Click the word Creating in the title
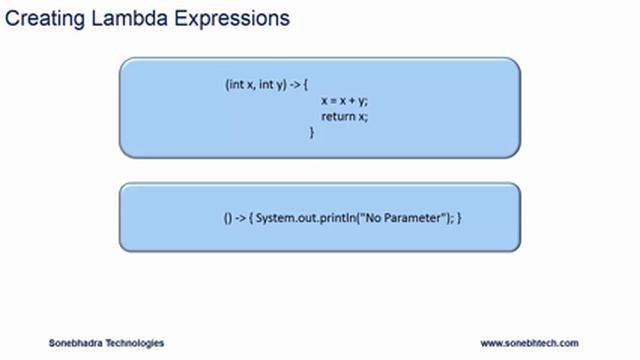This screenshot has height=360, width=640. (x=41, y=18)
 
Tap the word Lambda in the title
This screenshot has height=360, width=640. (x=124, y=18)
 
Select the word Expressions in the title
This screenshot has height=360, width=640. (x=229, y=18)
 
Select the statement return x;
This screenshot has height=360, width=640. (x=344, y=116)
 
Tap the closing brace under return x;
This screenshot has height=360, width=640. (x=312, y=131)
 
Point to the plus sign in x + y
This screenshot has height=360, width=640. (x=351, y=101)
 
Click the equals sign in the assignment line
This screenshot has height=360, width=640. (x=332, y=101)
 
